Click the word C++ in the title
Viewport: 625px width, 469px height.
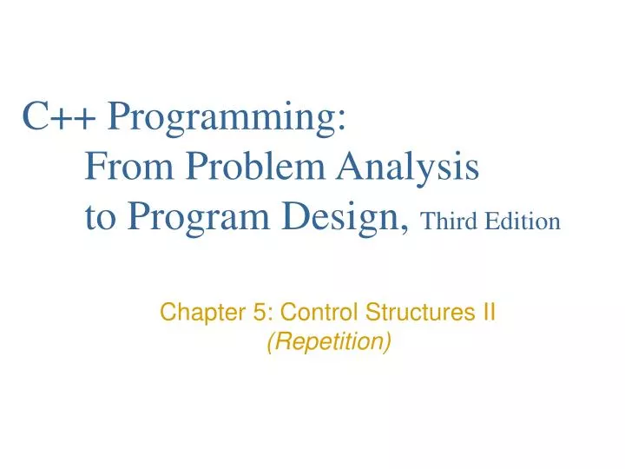[59, 116]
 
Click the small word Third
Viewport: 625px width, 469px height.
[448, 222]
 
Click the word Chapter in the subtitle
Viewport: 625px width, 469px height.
[194, 312]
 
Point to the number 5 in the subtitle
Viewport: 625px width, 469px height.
[240, 312]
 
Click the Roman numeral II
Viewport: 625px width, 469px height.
[489, 312]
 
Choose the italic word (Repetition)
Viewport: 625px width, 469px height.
[328, 342]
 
